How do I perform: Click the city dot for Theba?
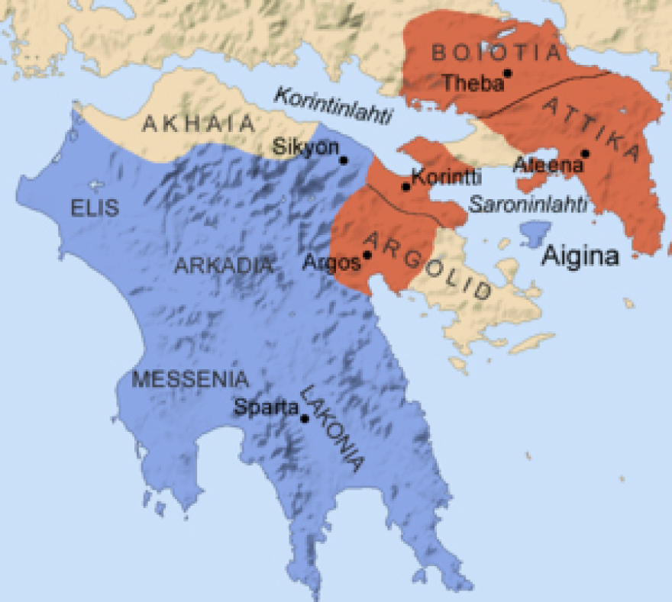click(x=507, y=73)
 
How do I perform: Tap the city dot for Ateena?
click(x=585, y=153)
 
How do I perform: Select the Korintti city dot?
click(x=406, y=186)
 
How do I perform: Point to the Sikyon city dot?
click(x=344, y=160)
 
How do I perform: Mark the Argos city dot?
click(x=367, y=255)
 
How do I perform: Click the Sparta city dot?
click(x=305, y=418)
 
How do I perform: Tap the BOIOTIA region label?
click(x=496, y=53)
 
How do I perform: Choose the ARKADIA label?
click(x=224, y=266)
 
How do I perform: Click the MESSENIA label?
click(x=190, y=379)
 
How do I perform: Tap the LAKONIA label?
click(x=332, y=427)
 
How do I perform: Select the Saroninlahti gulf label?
click(x=528, y=204)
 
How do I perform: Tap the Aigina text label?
click(x=580, y=256)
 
